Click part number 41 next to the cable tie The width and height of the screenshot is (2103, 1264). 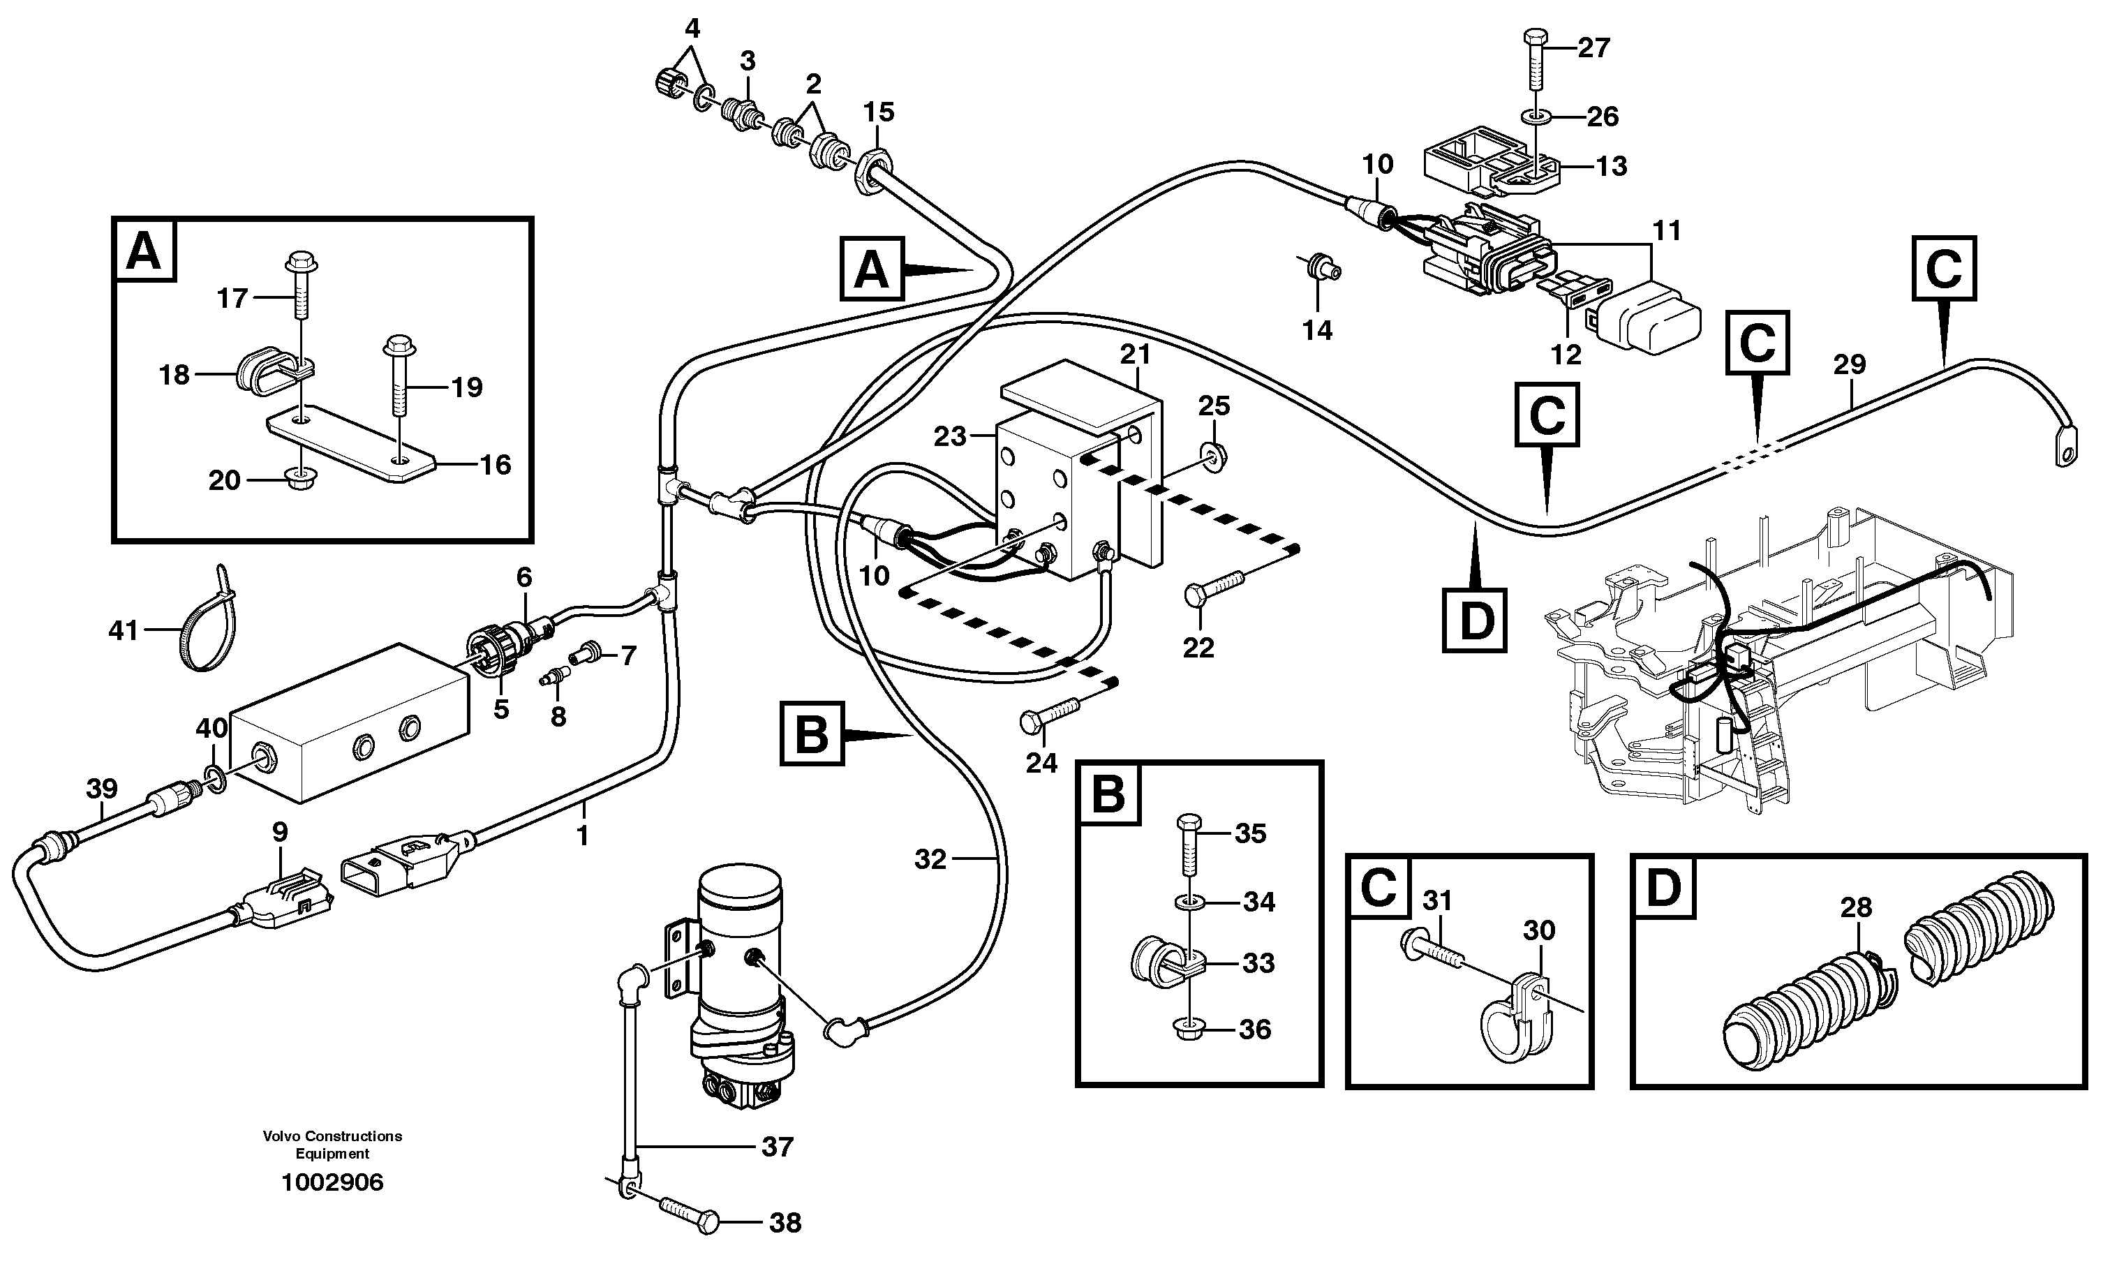tap(123, 631)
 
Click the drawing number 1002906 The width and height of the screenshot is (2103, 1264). tap(332, 1182)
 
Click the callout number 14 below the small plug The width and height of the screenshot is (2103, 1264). tap(1317, 330)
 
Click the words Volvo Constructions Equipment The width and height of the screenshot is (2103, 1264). tap(332, 1145)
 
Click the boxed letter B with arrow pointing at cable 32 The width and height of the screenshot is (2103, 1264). tap(811, 734)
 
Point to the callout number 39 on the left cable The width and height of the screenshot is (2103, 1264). tap(101, 789)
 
